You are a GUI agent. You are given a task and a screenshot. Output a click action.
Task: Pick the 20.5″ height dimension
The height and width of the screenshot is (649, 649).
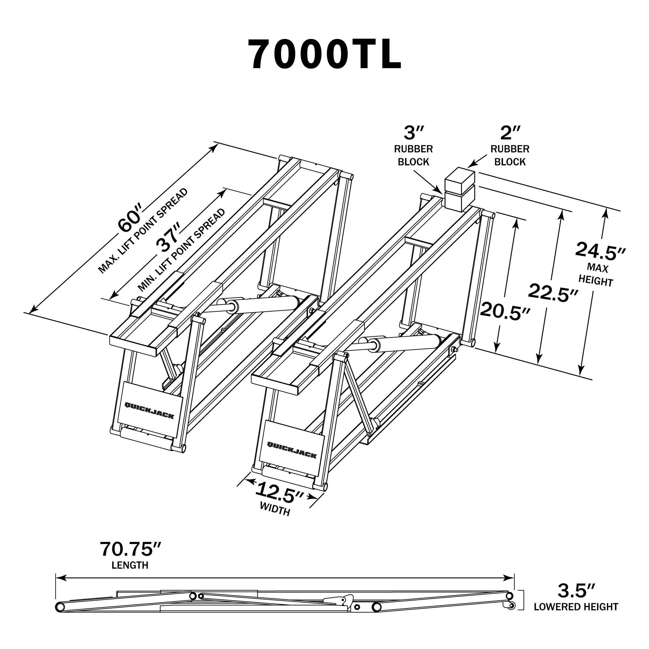click(505, 311)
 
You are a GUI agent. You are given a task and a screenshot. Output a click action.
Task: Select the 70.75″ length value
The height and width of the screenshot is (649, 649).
click(131, 549)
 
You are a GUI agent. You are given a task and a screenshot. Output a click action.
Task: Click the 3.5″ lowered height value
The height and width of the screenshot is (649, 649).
click(576, 600)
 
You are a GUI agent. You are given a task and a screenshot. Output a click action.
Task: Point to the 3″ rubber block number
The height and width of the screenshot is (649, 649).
click(414, 133)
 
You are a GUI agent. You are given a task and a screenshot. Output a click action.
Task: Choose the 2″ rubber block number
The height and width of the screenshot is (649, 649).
click(510, 133)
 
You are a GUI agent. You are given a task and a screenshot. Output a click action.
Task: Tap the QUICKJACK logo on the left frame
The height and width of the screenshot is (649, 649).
click(149, 410)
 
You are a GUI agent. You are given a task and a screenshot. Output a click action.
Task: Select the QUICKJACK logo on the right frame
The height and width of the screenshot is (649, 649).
click(292, 450)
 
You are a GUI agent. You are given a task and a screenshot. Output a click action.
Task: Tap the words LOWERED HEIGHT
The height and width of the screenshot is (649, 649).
click(576, 616)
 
